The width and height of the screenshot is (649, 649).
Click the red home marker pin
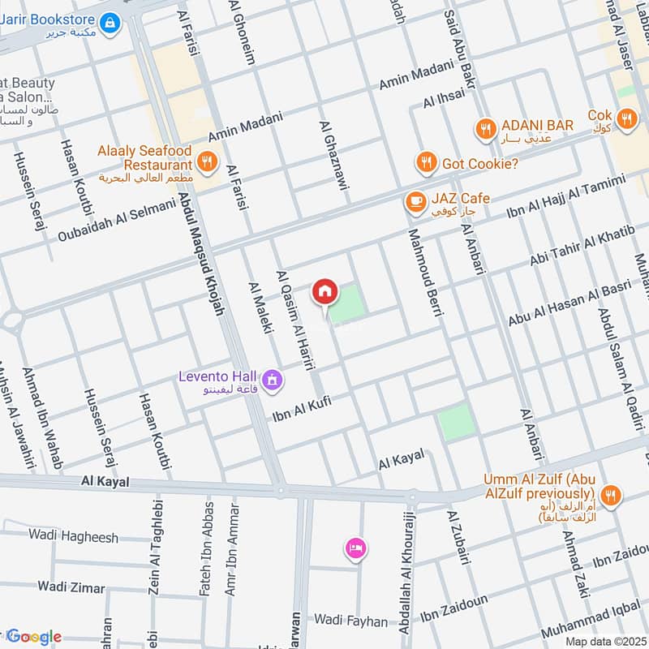(324, 291)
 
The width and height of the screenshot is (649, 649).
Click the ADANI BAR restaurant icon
(485, 127)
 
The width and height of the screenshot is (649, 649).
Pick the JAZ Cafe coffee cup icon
(415, 200)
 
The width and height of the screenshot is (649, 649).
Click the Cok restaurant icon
(625, 120)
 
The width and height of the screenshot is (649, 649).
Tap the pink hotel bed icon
(355, 549)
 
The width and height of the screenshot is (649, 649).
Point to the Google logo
(33, 637)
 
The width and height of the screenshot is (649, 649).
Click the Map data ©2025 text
(606, 641)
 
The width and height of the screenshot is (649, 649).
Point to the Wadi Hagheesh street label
(73, 536)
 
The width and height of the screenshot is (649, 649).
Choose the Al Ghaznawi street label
(333, 157)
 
